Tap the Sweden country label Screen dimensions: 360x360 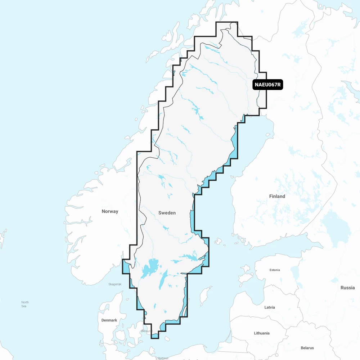click(167, 213)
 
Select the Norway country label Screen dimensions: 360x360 click(110, 211)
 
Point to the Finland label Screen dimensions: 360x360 click(277, 196)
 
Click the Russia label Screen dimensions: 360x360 click(347, 288)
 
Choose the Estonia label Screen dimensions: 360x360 click(275, 270)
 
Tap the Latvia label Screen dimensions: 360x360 click(269, 307)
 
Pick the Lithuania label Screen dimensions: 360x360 click(261, 333)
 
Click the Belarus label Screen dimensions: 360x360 click(307, 348)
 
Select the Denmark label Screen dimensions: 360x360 click(109, 320)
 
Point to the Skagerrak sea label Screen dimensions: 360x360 click(115, 284)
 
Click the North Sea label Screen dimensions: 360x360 click(25, 304)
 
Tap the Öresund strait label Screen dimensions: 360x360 click(147, 331)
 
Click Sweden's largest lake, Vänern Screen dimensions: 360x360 click(149, 268)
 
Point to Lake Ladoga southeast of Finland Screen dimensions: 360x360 click(335, 223)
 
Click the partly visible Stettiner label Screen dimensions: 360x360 click(163, 358)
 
